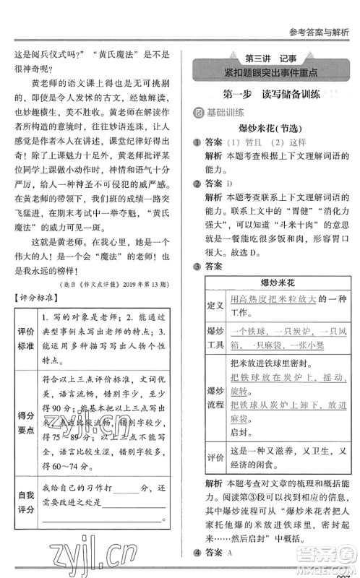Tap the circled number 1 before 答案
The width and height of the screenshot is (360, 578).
(197, 142)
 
